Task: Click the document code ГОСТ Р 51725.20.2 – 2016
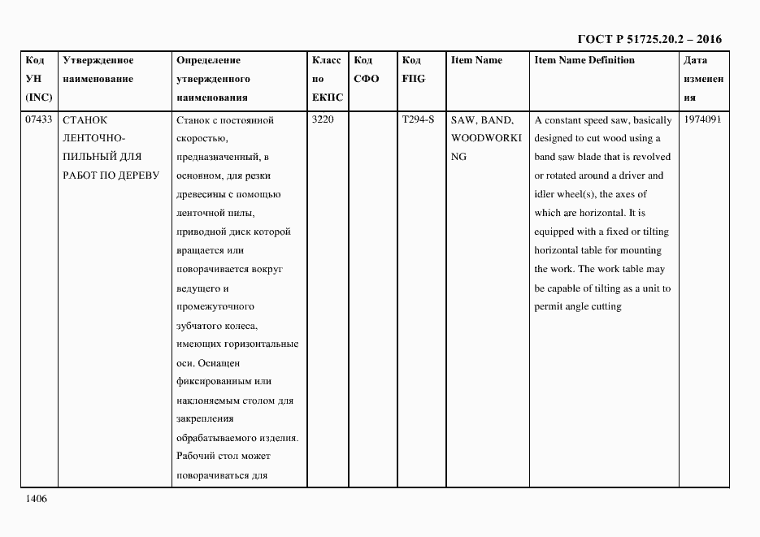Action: coord(649,39)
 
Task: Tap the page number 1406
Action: coord(36,499)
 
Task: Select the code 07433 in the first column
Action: coord(39,120)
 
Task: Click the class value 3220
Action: coord(324,120)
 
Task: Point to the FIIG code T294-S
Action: coord(418,120)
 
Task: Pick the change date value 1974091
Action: coord(703,120)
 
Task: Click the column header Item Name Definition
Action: coord(584,60)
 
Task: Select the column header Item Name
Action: coord(476,60)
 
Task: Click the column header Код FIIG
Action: coord(413,70)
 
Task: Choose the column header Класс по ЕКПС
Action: coord(328,79)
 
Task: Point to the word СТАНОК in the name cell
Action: coord(85,120)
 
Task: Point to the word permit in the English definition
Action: coord(549,307)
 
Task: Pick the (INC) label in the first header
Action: coord(39,97)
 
